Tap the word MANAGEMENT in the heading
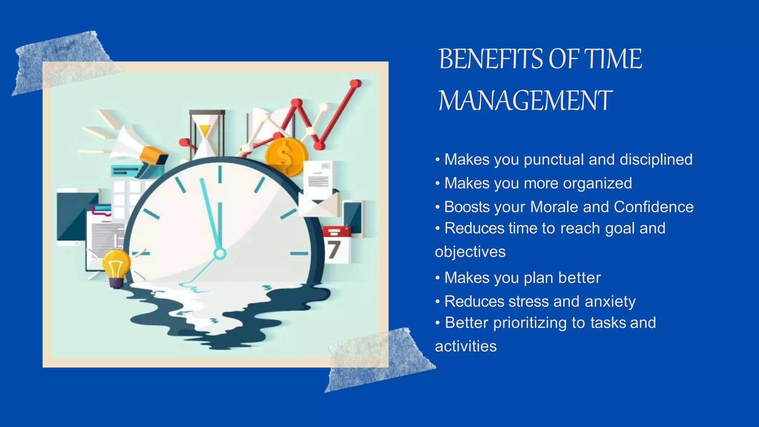tap(525, 101)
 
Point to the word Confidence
tap(653, 207)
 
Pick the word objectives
tap(470, 252)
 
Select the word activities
tap(465, 347)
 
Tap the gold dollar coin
tap(286, 156)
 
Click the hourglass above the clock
tap(206, 133)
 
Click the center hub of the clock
tap(220, 254)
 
